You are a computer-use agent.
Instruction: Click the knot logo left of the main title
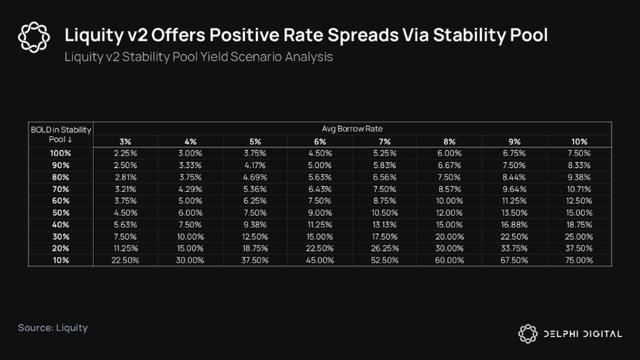(x=34, y=37)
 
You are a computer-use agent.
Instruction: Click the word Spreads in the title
(x=363, y=36)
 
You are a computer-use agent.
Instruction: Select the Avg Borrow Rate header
(x=352, y=129)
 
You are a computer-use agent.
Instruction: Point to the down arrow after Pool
(x=70, y=140)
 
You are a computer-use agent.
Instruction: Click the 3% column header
(x=125, y=141)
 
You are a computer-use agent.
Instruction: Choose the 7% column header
(x=385, y=141)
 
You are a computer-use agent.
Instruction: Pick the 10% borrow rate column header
(x=579, y=141)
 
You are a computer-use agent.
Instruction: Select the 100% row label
(x=60, y=153)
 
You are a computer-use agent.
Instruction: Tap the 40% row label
(x=60, y=225)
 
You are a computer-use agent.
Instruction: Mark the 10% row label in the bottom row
(x=60, y=260)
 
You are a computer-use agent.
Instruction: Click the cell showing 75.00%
(x=579, y=260)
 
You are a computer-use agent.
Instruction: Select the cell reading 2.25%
(x=125, y=153)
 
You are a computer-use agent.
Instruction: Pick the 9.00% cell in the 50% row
(x=319, y=213)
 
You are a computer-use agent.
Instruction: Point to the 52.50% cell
(x=385, y=260)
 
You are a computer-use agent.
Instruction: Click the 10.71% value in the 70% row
(x=579, y=190)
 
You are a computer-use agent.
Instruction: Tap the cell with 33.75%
(x=514, y=248)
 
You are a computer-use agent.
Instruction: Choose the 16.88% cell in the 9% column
(x=514, y=225)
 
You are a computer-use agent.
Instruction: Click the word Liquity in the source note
(x=72, y=328)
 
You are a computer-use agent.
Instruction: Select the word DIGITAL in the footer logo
(x=602, y=334)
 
